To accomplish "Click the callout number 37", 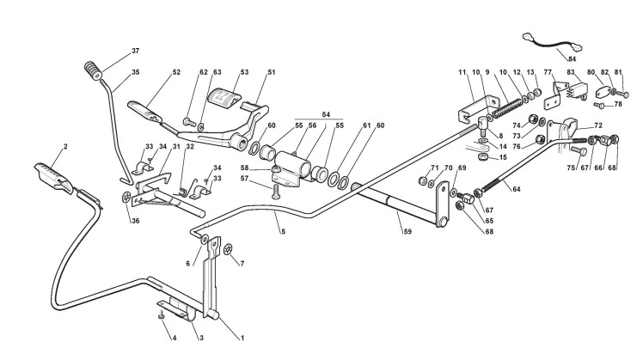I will [135, 51].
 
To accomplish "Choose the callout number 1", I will [242, 337].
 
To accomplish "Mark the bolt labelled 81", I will [624, 93].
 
